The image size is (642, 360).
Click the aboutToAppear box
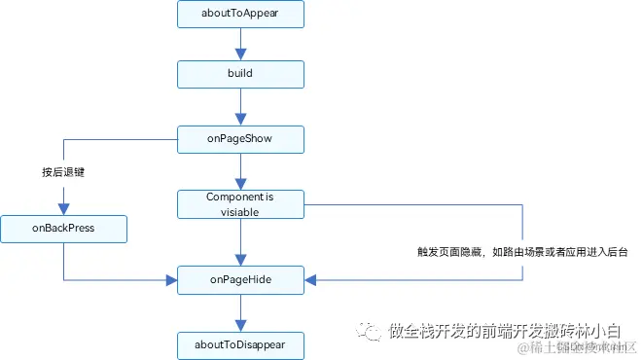point(240,15)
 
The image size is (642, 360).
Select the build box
point(240,75)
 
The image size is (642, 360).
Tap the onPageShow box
point(240,139)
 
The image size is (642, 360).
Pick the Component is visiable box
point(240,204)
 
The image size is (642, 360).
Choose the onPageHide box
point(240,280)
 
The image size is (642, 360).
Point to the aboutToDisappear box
point(240,344)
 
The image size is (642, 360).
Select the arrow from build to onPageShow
point(240,107)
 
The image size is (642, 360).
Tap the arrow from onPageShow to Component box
point(240,171)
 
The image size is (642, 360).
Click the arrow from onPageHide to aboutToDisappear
point(240,311)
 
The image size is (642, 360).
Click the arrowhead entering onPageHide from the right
point(310,280)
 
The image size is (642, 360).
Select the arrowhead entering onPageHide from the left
point(172,280)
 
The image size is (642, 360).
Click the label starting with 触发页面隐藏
point(521,251)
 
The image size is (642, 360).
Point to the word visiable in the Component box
point(240,211)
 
